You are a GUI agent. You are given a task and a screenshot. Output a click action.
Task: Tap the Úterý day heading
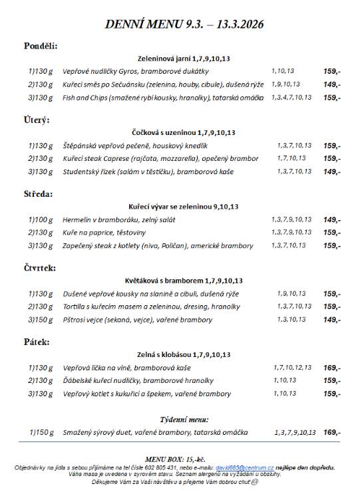tap(37, 120)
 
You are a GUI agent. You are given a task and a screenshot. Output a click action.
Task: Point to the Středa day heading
tap(39, 194)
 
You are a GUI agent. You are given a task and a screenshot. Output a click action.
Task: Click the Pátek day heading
tap(37, 342)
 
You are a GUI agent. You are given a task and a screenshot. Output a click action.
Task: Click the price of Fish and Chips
tap(332, 98)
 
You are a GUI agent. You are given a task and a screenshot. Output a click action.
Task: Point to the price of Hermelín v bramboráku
tap(332, 219)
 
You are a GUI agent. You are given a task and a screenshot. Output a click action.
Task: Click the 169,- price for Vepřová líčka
tap(332, 367)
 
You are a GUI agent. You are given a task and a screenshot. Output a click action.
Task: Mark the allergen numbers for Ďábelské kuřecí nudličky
tap(284, 380)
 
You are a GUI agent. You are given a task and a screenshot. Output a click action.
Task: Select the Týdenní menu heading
tap(184, 420)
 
